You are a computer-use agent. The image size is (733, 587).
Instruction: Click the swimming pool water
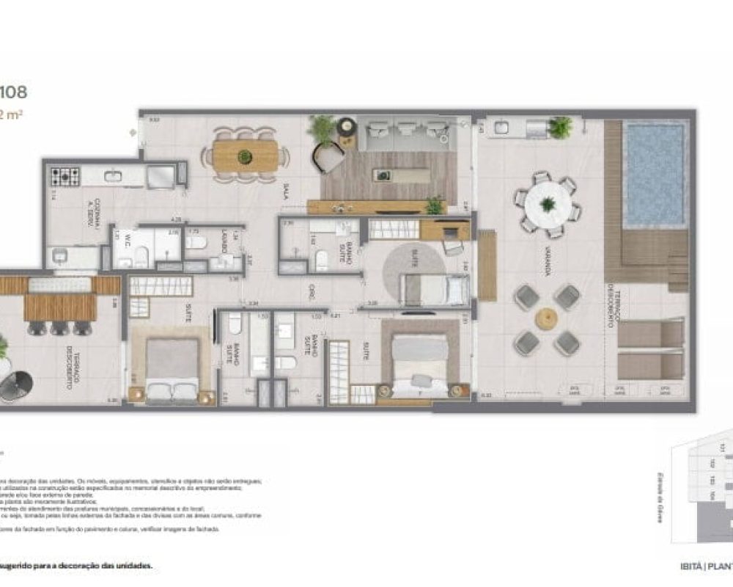tap(654, 174)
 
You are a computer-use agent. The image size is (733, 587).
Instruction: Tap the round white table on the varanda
tap(548, 203)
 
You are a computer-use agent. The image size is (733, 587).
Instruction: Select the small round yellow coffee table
tap(546, 319)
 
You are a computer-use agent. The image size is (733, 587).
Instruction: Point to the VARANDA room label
tap(547, 265)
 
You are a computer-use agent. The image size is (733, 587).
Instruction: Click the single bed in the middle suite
tap(433, 290)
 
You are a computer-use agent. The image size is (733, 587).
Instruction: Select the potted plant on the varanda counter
tap(560, 127)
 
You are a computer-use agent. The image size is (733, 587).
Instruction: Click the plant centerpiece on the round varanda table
tap(548, 203)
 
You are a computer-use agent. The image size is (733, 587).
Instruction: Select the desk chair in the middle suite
tap(454, 247)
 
